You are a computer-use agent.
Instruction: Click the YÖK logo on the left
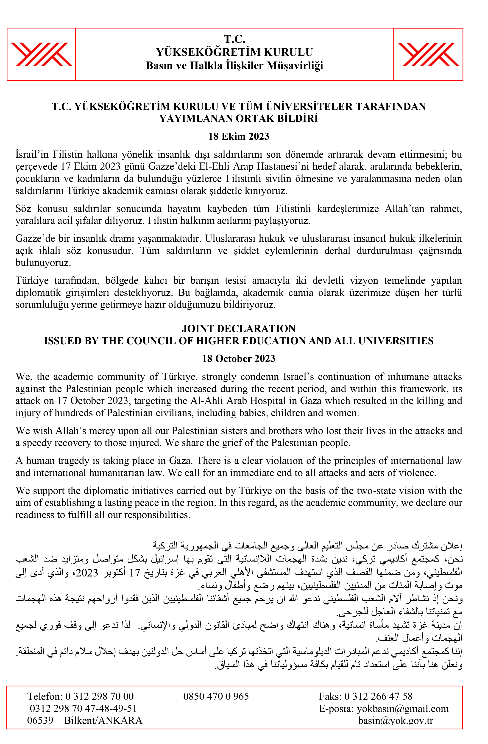point(41,54)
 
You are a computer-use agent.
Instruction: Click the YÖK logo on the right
point(428,54)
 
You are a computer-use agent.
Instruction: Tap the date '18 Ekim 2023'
point(239,137)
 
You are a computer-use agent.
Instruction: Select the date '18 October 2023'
point(239,358)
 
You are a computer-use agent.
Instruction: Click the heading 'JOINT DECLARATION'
point(239,329)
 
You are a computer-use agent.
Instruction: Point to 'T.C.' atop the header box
point(234,39)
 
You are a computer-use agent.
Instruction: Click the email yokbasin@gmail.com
point(403,709)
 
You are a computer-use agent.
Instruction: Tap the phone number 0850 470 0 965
point(216,696)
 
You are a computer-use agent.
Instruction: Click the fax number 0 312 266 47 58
point(378,696)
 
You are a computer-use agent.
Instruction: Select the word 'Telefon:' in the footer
point(45,696)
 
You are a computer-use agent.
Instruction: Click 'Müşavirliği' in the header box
point(295,66)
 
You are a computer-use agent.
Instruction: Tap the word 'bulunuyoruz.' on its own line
point(43,263)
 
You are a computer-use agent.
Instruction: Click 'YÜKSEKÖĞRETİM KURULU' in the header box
point(234,52)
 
